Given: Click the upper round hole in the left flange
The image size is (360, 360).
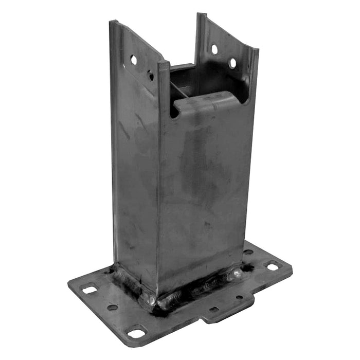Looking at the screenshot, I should (134, 60).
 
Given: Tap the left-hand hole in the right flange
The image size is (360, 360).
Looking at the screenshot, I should (214, 49).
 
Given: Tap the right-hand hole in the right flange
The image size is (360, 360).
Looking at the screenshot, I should (232, 63).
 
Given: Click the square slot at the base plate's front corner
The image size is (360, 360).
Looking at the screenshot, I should (136, 334).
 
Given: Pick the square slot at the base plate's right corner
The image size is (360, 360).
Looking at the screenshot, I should (272, 266).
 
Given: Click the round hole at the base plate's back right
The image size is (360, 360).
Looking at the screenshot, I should (248, 252).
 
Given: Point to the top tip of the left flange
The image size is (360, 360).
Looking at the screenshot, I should (112, 22).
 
